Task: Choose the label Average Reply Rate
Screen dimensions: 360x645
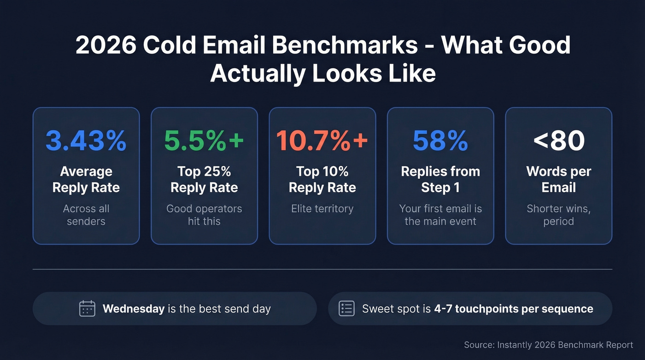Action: click(x=86, y=179)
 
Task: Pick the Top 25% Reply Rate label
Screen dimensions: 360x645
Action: click(x=204, y=179)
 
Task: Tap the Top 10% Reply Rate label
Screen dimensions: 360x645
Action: click(x=322, y=179)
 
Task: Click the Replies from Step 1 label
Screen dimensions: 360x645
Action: click(x=440, y=179)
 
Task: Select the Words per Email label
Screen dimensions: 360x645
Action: click(x=559, y=179)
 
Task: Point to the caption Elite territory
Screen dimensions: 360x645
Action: click(x=322, y=209)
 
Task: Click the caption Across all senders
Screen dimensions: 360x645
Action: click(x=86, y=215)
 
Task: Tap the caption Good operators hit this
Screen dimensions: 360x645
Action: click(x=204, y=215)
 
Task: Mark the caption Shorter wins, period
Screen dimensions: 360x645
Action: click(x=559, y=215)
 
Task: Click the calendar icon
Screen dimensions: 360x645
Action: click(x=87, y=308)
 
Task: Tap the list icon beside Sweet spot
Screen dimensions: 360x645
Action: click(x=346, y=308)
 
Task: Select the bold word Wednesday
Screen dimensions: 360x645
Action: click(x=134, y=308)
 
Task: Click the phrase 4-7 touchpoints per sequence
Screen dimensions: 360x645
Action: click(x=514, y=308)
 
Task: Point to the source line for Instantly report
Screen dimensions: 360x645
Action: click(x=548, y=345)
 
